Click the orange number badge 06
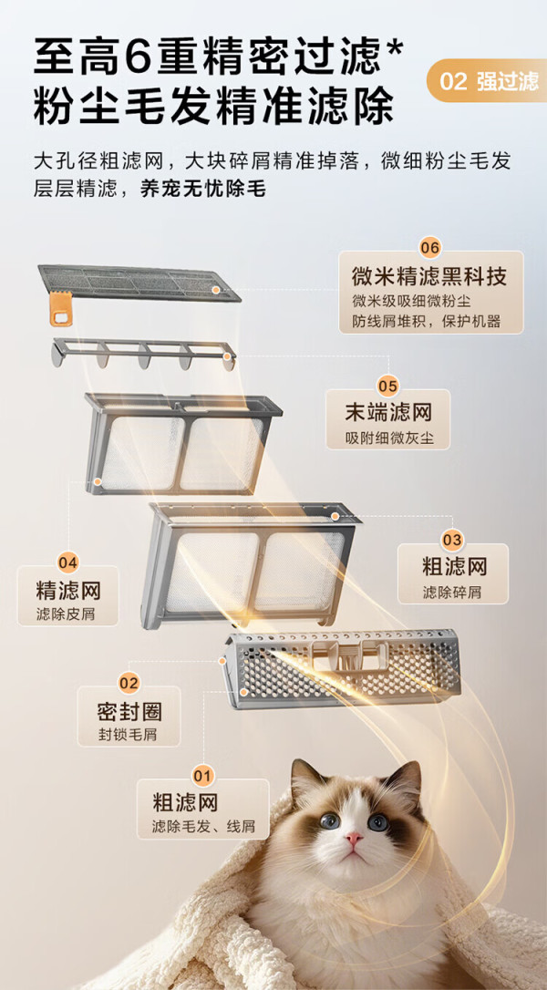(x=429, y=248)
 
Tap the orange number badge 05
(x=387, y=385)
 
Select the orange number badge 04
(x=67, y=562)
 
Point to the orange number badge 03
(x=452, y=540)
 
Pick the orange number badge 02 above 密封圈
(x=129, y=683)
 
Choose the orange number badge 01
(x=203, y=775)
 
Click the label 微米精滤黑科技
(x=429, y=276)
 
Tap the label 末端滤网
(x=387, y=412)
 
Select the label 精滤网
(x=68, y=591)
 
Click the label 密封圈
(x=129, y=712)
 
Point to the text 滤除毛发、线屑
(x=203, y=827)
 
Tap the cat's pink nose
(x=354, y=838)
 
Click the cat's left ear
(x=304, y=780)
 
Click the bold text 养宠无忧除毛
(x=202, y=188)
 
